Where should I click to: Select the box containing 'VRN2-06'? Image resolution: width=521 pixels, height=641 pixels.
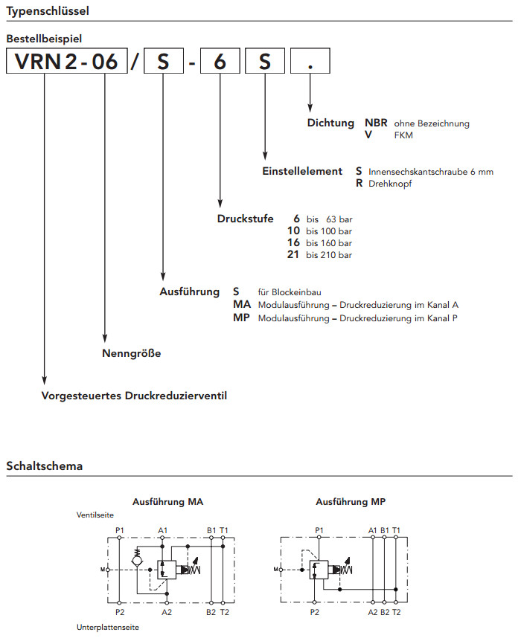(65, 62)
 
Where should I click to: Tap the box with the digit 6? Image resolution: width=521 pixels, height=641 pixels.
(220, 62)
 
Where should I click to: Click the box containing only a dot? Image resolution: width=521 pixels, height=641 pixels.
(310, 62)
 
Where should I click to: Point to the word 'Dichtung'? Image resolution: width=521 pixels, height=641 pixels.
(331, 123)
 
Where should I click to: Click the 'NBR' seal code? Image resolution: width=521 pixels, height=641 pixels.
(376, 123)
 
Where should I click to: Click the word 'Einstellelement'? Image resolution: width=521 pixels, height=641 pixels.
(302, 171)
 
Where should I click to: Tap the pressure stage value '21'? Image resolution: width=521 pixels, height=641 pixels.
(293, 255)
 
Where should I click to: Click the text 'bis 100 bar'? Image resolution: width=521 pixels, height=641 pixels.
(329, 231)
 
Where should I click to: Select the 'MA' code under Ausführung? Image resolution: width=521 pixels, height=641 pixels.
(242, 305)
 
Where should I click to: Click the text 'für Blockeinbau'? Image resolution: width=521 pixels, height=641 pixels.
(290, 292)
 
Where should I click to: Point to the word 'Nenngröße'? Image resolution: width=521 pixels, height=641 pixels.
(131, 353)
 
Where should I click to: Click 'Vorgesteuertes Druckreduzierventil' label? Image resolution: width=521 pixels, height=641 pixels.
(134, 396)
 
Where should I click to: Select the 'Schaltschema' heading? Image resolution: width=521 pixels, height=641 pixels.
(45, 466)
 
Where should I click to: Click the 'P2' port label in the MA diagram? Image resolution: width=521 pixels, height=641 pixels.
(120, 611)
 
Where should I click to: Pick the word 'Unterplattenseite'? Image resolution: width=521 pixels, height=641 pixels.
(108, 628)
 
